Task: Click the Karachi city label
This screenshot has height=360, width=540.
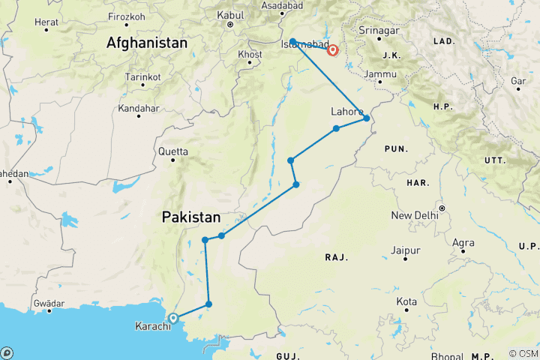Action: [152, 326]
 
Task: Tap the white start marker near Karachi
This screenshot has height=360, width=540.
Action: [173, 318]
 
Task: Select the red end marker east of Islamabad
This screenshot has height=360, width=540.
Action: [332, 51]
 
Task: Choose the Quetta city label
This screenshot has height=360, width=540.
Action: [172, 150]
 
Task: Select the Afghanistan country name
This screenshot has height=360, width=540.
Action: [146, 43]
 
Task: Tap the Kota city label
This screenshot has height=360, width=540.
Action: [406, 302]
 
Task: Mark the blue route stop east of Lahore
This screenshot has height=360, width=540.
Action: [366, 118]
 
